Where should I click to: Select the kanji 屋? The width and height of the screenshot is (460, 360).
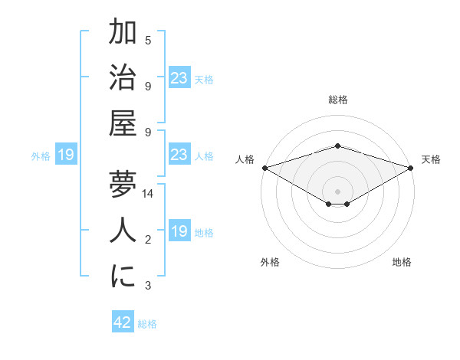(x=123, y=123)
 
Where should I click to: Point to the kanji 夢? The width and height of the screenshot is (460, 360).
(x=123, y=184)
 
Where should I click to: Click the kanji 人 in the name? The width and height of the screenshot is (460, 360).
(x=123, y=231)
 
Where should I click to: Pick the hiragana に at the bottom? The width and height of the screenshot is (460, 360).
(x=123, y=277)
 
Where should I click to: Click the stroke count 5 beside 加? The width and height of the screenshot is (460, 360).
(x=148, y=40)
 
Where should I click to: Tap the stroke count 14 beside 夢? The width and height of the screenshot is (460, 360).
(x=149, y=194)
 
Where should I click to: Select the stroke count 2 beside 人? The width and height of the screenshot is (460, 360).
(x=148, y=241)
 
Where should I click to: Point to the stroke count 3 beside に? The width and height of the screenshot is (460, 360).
(x=148, y=286)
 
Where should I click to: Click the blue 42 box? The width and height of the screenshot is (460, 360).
(x=123, y=322)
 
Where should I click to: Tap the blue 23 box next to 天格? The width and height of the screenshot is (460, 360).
(x=179, y=77)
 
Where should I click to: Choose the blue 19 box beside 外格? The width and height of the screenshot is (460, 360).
(x=66, y=155)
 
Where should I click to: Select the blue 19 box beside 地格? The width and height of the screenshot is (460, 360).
(x=179, y=231)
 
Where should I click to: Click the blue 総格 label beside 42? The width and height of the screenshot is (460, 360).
(x=147, y=324)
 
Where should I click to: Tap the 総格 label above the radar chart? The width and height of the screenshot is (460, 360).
(x=337, y=100)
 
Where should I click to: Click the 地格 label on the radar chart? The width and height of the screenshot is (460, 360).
(x=402, y=262)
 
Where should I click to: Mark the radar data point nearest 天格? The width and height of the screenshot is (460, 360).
(x=411, y=168)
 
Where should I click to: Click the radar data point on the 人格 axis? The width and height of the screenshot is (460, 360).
(x=264, y=168)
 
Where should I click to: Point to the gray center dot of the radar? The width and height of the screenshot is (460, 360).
(x=337, y=190)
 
